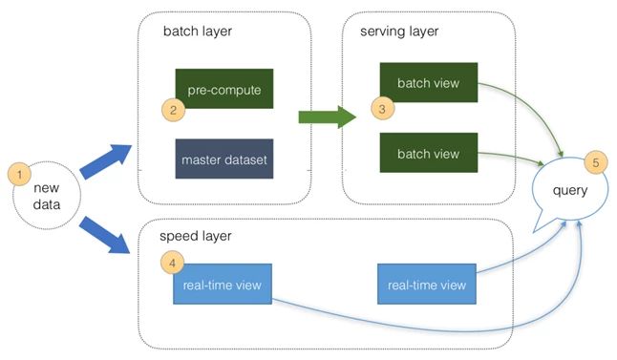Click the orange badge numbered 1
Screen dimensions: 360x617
18,176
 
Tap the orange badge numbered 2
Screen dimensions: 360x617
174,110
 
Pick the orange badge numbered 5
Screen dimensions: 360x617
595,162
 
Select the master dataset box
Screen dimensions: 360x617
223,156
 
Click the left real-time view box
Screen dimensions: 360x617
223,285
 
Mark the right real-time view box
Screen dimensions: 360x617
427,285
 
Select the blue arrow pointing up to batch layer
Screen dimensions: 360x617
105,159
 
